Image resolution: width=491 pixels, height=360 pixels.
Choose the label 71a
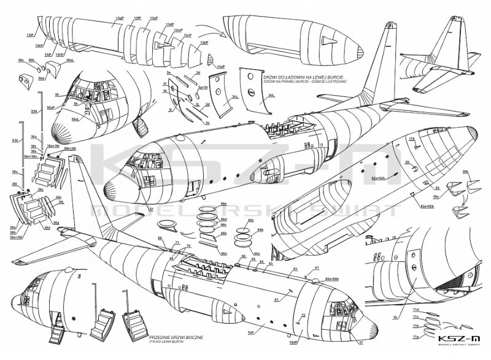click(x=416, y=336)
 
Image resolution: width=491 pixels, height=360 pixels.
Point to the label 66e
click(x=224, y=203)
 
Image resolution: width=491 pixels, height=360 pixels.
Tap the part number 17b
click(x=412, y=140)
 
